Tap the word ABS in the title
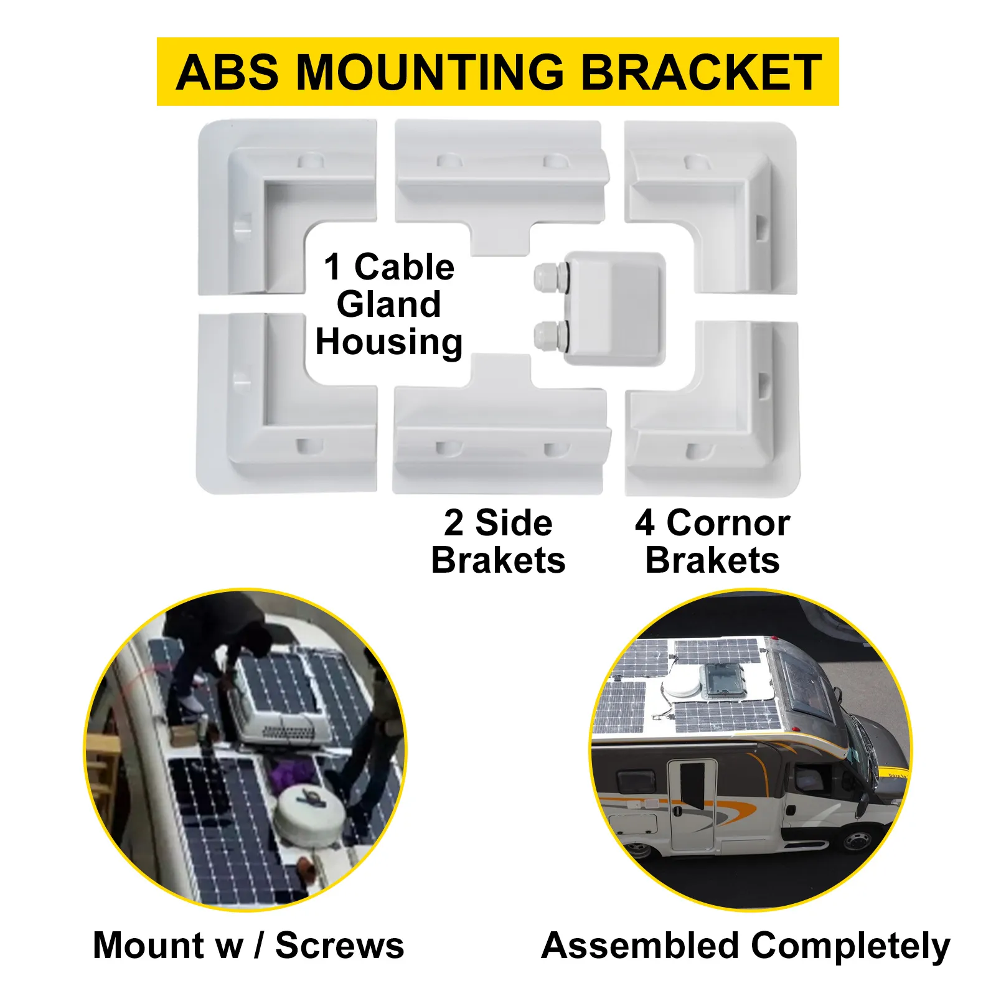click(227, 72)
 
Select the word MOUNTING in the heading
click(430, 72)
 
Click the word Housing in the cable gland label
click(389, 342)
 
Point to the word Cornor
click(728, 523)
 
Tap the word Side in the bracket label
click(514, 523)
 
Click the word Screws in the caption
click(340, 946)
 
